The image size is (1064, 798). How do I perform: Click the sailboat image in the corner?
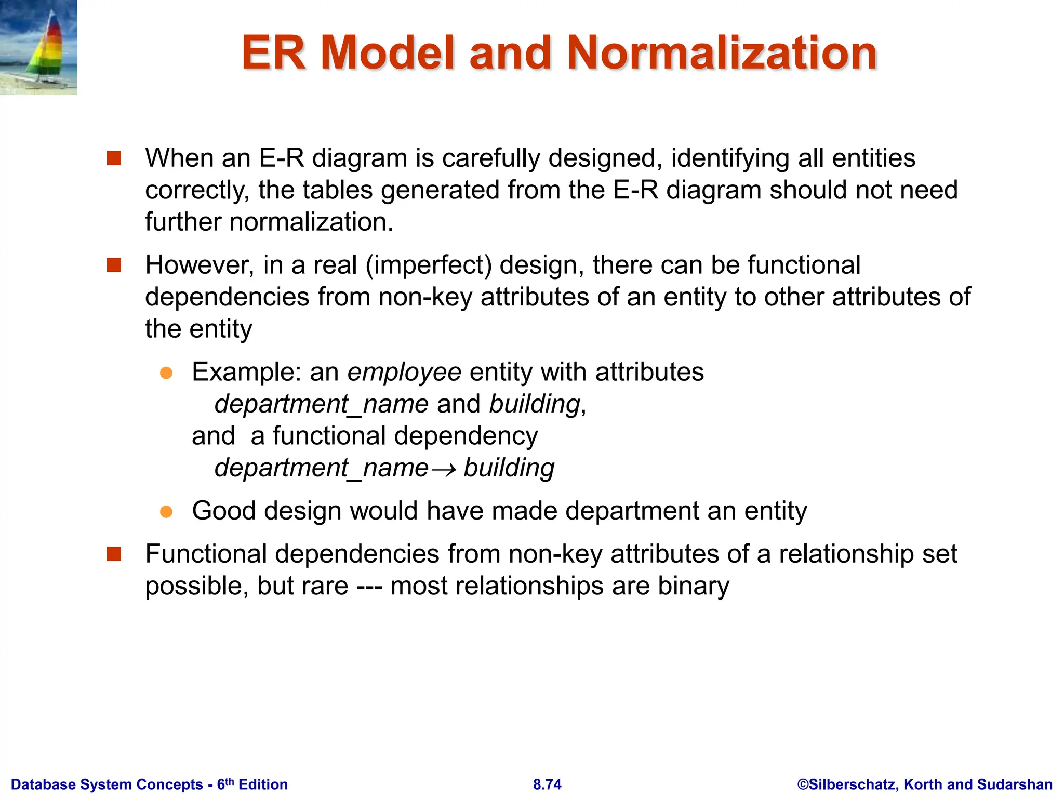point(38,47)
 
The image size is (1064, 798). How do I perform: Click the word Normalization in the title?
point(722,53)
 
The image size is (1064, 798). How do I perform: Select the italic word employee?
point(404,373)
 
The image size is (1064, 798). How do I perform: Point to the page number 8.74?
point(547,784)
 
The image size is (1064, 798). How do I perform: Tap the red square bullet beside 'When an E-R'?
point(114,158)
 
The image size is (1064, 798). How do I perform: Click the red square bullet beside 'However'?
point(114,265)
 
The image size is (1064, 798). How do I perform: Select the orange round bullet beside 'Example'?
point(166,373)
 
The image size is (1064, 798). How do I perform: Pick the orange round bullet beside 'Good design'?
point(166,512)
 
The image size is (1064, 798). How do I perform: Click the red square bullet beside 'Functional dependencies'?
point(114,554)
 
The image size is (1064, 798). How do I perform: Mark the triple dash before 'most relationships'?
point(369,587)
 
